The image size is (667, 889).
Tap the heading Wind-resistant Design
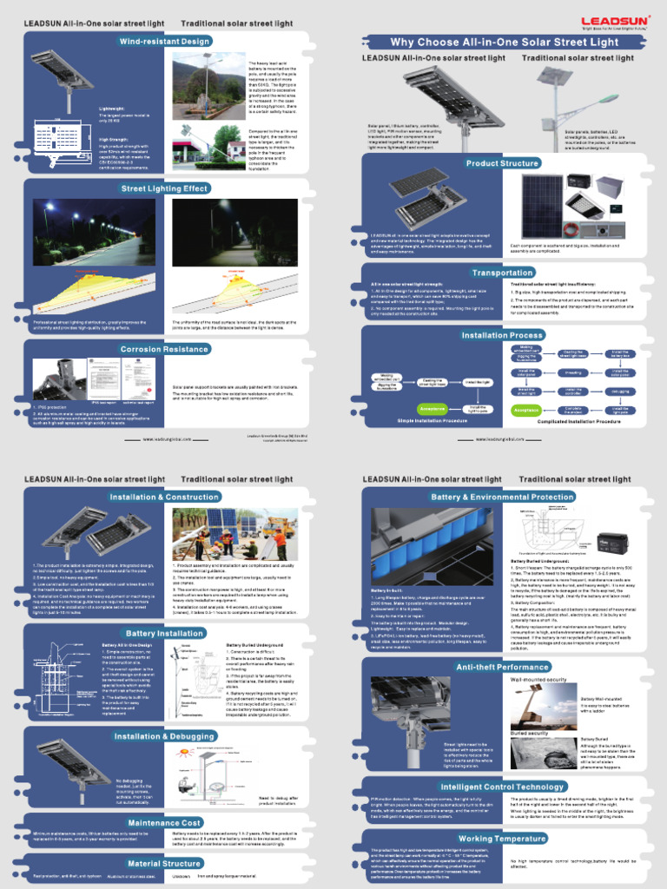[x=165, y=41]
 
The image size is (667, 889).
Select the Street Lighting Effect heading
[x=164, y=188]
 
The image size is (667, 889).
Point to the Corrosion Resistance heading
[x=164, y=349]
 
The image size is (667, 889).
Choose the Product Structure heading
[x=502, y=163]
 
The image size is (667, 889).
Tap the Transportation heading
[x=502, y=273]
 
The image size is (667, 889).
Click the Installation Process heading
[x=502, y=335]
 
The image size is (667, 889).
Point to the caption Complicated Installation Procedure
[x=565, y=420]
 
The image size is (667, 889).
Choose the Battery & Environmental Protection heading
[x=502, y=497]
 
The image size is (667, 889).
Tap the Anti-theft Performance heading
[x=502, y=667]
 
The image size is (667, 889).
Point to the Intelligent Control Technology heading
[x=502, y=787]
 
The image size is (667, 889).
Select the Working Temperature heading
[x=502, y=839]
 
